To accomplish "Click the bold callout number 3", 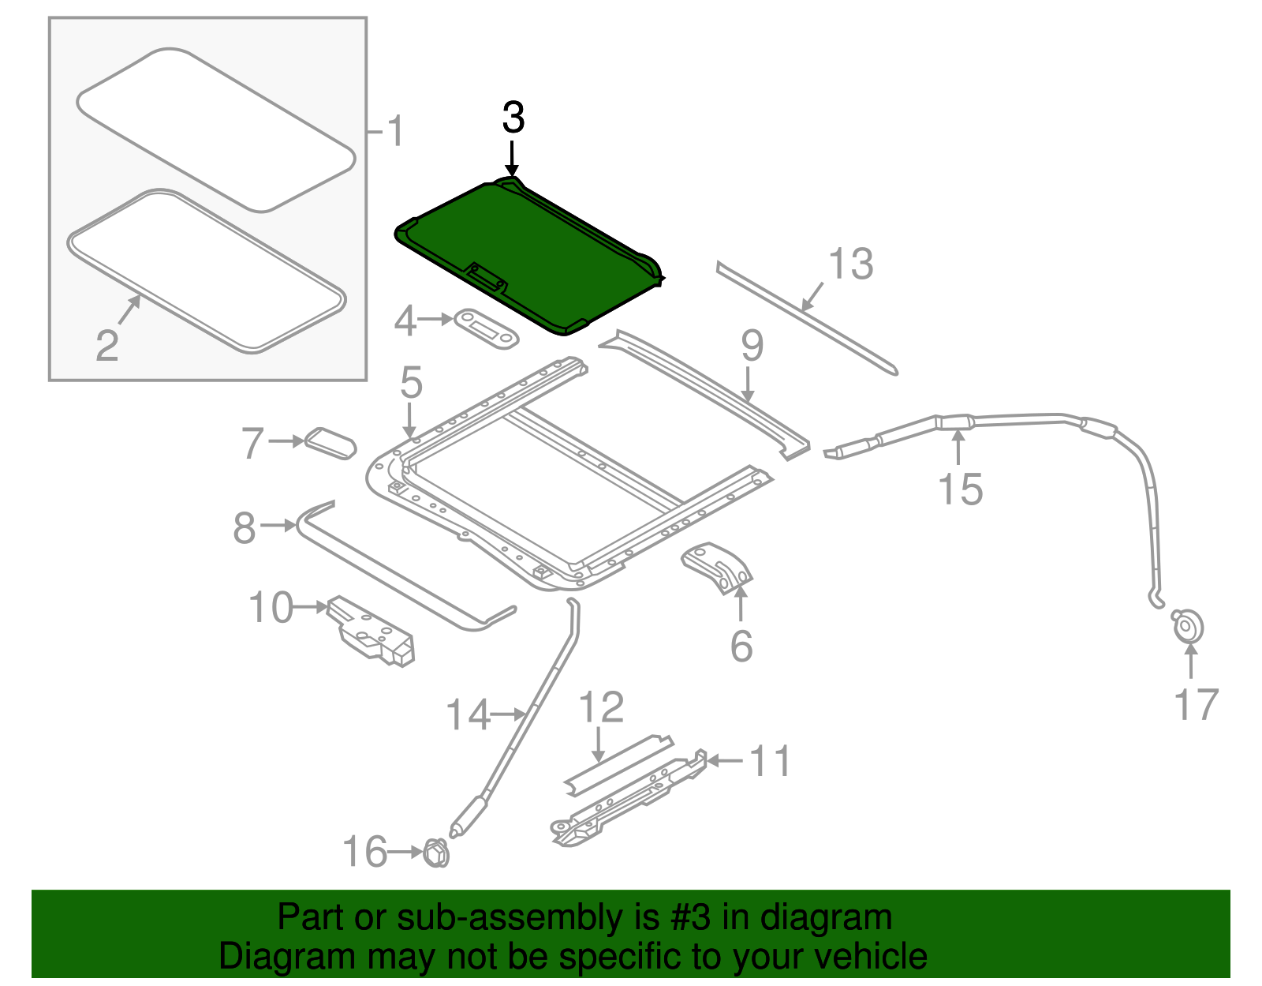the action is pos(513,118).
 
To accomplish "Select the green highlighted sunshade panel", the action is pos(528,256).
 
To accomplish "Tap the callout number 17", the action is pos(1197,705).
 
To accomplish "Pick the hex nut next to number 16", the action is pos(436,853).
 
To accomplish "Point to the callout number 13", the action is pos(851,264).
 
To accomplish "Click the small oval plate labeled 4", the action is pos(486,329).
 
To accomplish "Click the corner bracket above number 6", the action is pos(717,568).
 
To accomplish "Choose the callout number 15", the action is pos(961,489).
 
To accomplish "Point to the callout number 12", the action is pos(602,707).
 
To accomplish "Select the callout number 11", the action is pos(770,760).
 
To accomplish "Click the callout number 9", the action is pos(752,346).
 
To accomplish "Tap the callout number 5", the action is pos(411,382).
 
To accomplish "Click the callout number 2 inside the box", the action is pos(107,345).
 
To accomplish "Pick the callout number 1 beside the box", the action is pos(395,131).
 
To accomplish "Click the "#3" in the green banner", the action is pos(685,917).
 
